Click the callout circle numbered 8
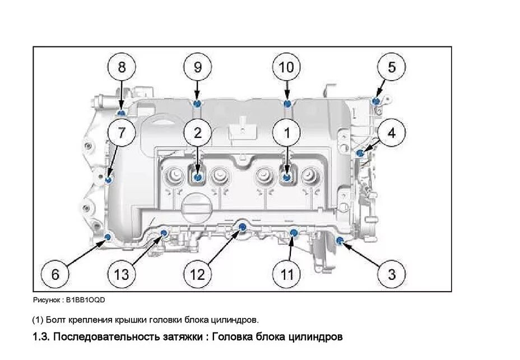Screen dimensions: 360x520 pos(122,67)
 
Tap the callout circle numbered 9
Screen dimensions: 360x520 pos(197,67)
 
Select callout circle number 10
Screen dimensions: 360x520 pos(286,67)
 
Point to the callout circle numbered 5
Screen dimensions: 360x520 pos(391,67)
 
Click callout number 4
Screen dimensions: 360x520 pos(391,133)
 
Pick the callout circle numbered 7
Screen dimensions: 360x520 pos(122,133)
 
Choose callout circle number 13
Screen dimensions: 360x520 pos(122,274)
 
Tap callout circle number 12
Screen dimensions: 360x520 pos(197,274)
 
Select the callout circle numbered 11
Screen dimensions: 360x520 pos(286,274)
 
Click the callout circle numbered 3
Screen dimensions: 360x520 pos(391,274)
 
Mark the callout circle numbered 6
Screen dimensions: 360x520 pos(55,274)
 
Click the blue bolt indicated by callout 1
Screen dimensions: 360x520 pos(287,177)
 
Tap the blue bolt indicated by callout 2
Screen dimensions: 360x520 pos(198,177)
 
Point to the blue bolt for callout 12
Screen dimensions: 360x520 pos(243,226)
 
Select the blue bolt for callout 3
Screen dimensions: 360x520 pos(340,240)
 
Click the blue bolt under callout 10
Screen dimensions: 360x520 pos(287,104)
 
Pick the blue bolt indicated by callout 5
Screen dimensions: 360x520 pos(376,101)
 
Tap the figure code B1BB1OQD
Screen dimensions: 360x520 pos(85,300)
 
